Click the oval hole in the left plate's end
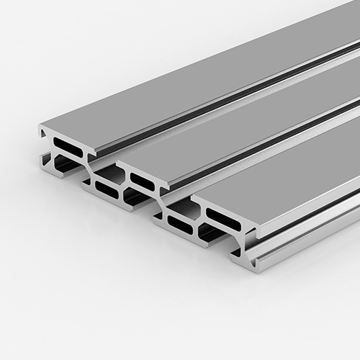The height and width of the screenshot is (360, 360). coord(68,147)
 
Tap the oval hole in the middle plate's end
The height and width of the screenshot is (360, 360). coord(142,181)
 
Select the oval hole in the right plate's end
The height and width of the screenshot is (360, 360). coord(223,219)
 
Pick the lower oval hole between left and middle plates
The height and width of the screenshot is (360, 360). coord(107,189)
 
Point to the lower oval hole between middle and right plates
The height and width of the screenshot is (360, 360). coord(180,225)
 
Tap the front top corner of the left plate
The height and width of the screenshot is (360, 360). coord(41,127)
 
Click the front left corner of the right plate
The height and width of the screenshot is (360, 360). coord(193,199)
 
